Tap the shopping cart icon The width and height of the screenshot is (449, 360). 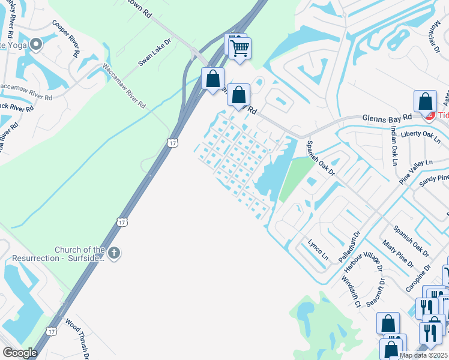click(240, 48)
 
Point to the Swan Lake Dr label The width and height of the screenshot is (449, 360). click(155, 53)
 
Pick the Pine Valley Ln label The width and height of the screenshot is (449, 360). click(415, 171)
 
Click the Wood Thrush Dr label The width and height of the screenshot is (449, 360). click(78, 339)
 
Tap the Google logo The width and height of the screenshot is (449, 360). click(20, 353)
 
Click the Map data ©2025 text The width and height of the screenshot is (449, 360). click(424, 355)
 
